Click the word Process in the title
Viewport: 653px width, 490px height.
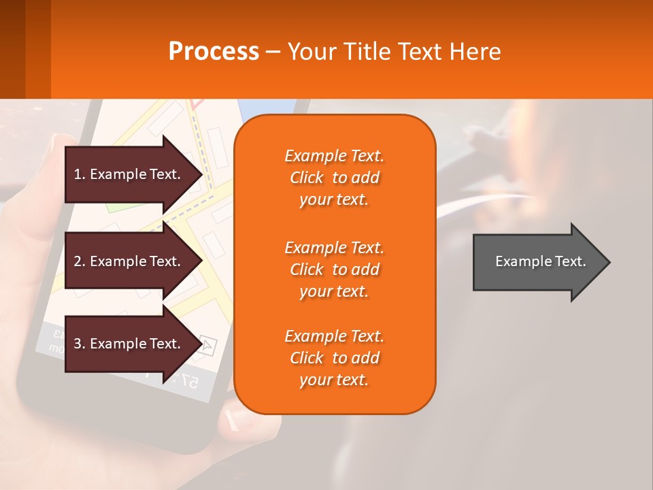(214, 52)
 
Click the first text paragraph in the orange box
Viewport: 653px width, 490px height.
(334, 178)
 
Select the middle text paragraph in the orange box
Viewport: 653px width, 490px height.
(334, 269)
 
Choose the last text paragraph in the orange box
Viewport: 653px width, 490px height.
(334, 358)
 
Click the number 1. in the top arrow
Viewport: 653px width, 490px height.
(79, 174)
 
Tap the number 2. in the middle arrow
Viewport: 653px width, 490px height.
(79, 261)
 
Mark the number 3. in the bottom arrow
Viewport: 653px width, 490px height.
(79, 344)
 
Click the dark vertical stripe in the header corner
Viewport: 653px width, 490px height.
(37, 49)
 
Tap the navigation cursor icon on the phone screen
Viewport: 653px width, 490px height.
(207, 346)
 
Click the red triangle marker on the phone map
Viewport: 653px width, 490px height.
(198, 104)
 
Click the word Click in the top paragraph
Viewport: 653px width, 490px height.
(307, 178)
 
